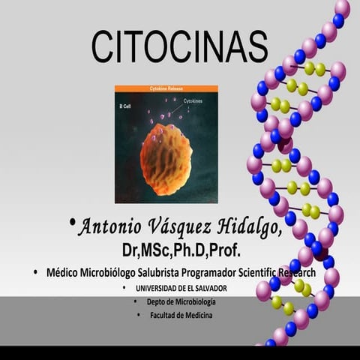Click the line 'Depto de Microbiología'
(x=181, y=301)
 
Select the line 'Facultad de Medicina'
(x=181, y=315)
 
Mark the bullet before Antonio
(x=72, y=221)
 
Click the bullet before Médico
(x=35, y=272)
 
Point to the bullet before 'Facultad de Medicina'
(x=139, y=315)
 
